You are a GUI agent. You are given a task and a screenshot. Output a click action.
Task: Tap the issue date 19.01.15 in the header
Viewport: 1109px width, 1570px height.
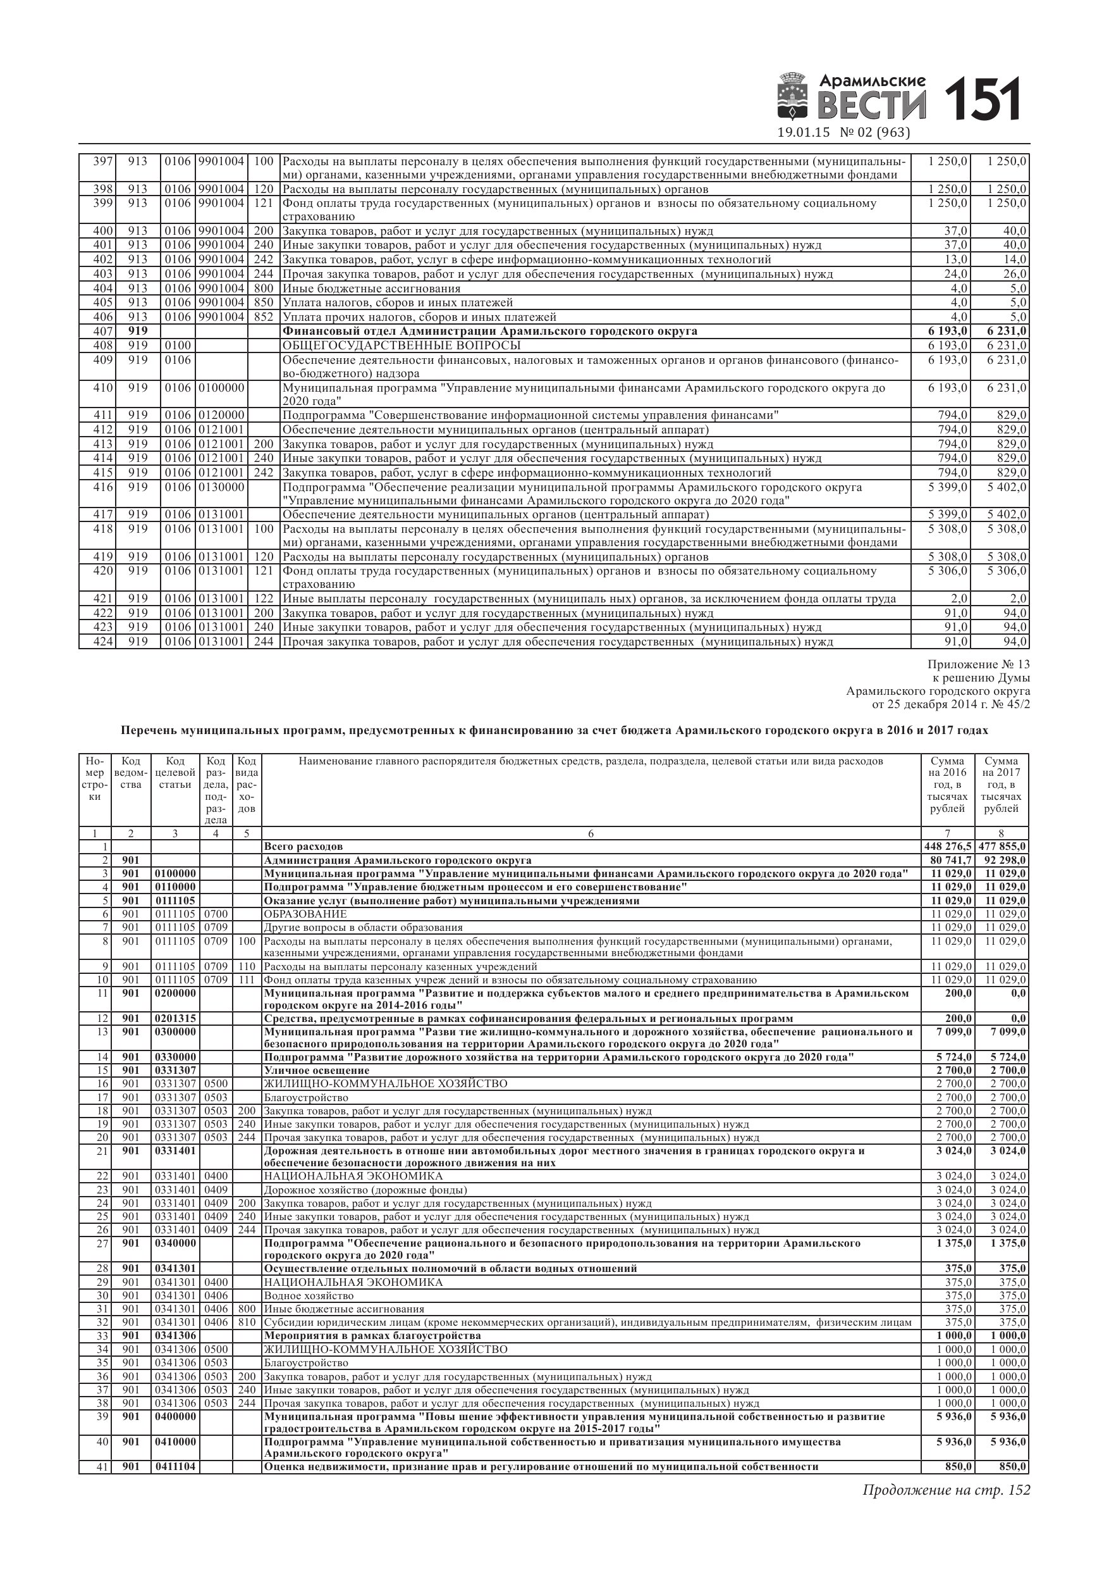[803, 133]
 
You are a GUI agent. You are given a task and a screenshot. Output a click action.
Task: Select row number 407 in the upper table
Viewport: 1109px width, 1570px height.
[102, 332]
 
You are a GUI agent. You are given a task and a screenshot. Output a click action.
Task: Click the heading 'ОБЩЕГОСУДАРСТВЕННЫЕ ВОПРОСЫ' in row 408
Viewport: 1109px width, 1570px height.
[401, 346]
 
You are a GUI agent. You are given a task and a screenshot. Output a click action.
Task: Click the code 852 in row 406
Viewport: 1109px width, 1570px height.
[263, 317]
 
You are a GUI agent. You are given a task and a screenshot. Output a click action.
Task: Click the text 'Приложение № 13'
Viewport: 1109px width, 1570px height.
[979, 664]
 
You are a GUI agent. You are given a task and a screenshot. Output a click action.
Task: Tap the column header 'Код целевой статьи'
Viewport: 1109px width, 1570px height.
[175, 773]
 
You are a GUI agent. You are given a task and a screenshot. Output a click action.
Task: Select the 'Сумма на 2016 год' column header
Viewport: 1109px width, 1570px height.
[947, 784]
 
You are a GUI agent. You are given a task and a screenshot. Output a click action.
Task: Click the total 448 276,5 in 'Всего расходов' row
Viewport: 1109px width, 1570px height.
[947, 847]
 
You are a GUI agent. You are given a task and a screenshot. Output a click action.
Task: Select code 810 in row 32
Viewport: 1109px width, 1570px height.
[247, 1323]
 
